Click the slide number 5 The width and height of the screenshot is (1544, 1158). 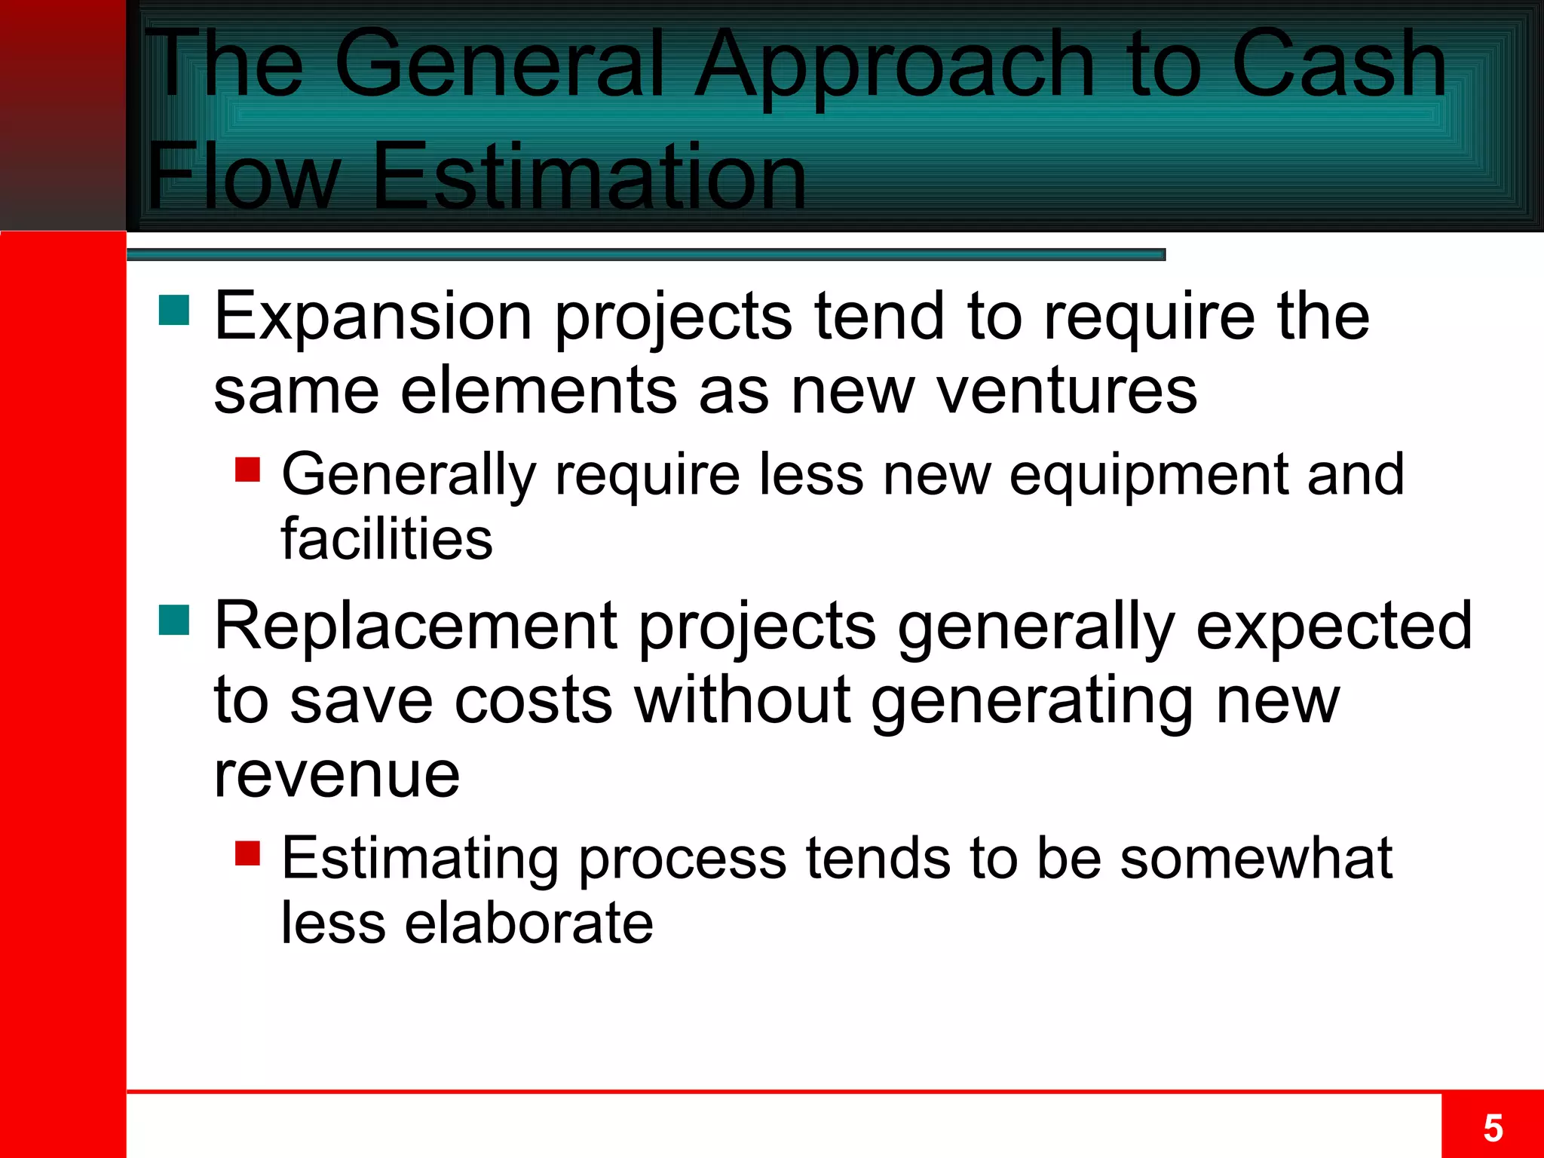point(1493,1129)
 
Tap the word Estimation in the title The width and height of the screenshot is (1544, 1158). point(589,177)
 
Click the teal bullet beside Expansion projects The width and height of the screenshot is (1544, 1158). point(174,310)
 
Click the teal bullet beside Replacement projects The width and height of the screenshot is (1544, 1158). point(174,620)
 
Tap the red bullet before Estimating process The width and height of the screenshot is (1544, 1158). point(247,853)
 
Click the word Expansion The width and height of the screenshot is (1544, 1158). point(374,317)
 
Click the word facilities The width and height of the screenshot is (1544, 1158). point(387,539)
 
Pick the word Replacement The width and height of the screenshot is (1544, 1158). point(416,626)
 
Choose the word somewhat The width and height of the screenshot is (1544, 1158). point(1256,858)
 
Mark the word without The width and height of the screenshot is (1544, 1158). point(743,700)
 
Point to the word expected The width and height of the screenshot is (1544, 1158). point(1334,626)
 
